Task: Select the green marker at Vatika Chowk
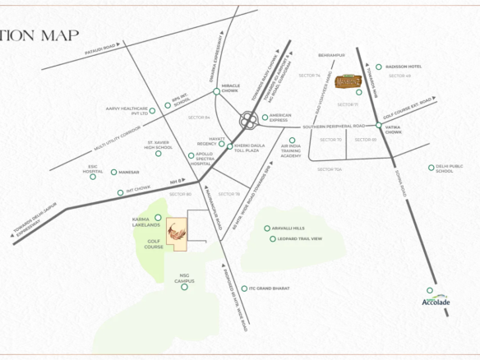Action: tap(378, 126)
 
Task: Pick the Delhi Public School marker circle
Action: tap(431, 168)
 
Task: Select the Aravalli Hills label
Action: tap(288, 228)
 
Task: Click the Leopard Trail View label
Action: tap(300, 238)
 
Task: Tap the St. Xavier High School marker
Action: tap(159, 152)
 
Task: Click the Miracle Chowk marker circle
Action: tap(216, 92)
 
